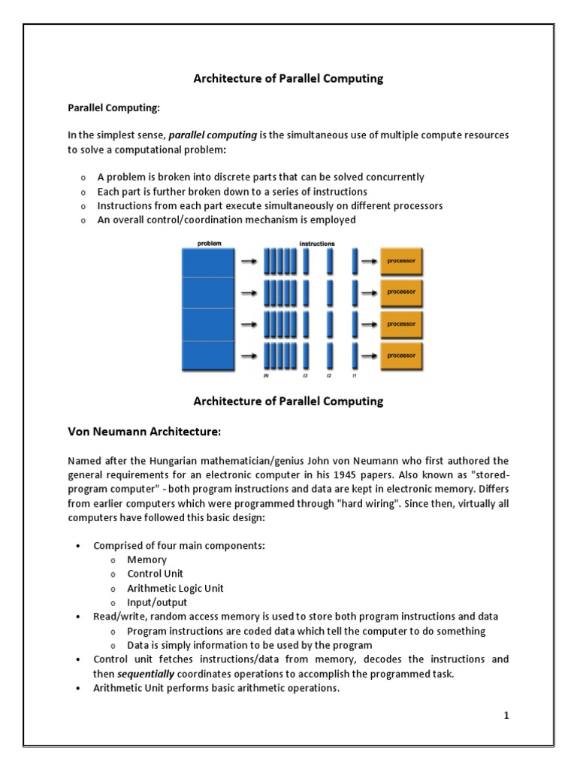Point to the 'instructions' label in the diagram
click(317, 244)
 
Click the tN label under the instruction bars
click(265, 377)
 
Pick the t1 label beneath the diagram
click(354, 377)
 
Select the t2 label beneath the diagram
click(328, 377)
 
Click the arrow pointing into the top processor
click(368, 262)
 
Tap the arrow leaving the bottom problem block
click(247, 355)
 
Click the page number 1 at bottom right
click(506, 715)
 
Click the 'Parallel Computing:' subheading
click(115, 108)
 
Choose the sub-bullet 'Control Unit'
click(155, 574)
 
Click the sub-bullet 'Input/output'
click(157, 602)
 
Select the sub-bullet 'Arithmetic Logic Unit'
click(175, 588)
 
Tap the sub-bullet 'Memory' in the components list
click(147, 559)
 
